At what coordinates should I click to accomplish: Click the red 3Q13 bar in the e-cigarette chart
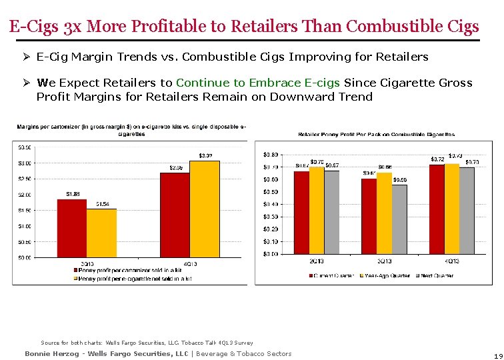tap(72, 228)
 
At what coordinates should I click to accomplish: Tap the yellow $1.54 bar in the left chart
tap(101, 233)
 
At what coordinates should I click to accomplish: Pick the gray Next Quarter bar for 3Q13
tap(399, 219)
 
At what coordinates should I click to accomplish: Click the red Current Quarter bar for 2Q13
tap(301, 212)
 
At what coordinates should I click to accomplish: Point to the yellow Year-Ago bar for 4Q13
tap(452, 208)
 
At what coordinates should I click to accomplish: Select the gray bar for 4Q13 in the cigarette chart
tap(468, 210)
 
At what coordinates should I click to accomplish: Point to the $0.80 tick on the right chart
tap(271, 154)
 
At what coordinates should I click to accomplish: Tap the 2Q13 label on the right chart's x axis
tap(317, 261)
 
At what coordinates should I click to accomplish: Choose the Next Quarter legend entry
tap(436, 275)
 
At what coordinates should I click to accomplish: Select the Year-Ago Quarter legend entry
tap(385, 275)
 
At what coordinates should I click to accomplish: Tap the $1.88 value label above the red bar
tap(73, 194)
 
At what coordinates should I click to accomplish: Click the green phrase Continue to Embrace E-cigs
tap(258, 83)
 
